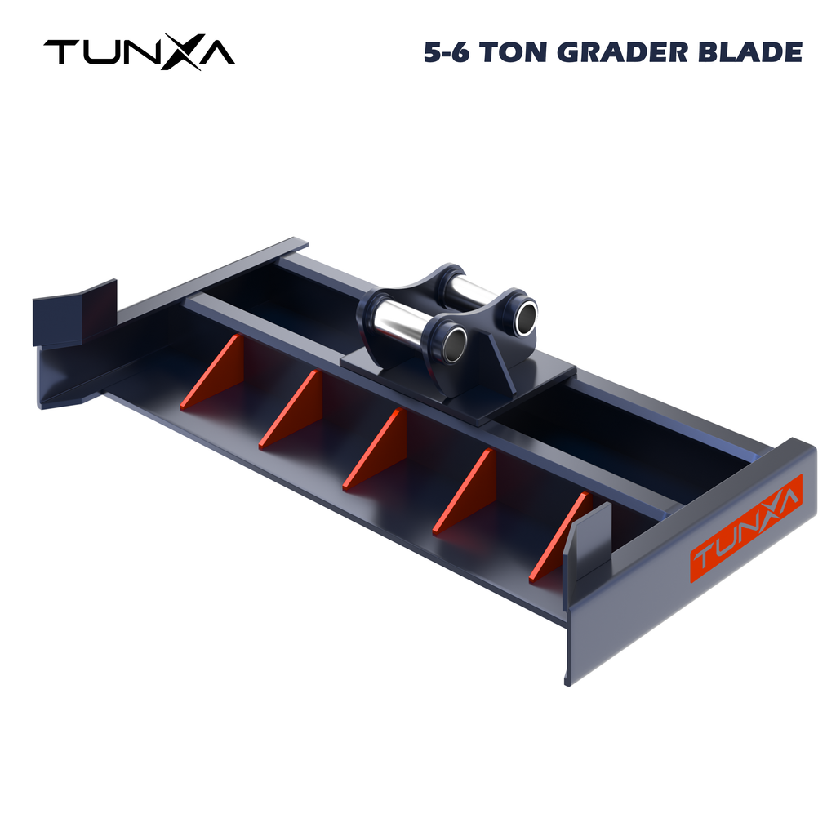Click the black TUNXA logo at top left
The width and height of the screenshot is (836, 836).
click(139, 53)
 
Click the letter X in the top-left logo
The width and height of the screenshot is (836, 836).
click(187, 53)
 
